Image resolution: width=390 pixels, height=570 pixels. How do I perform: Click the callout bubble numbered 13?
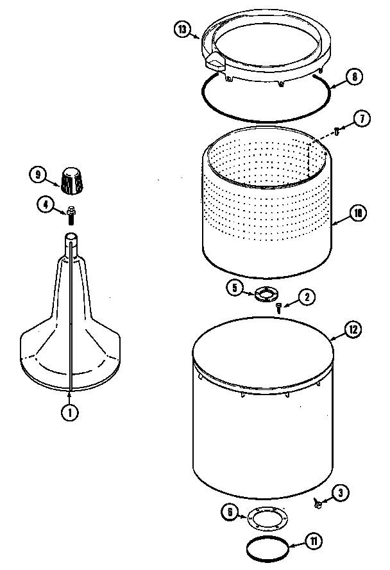pos(183,29)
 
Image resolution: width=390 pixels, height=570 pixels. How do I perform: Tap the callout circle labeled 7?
pos(362,118)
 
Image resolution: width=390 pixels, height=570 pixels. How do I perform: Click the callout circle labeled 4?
pos(46,205)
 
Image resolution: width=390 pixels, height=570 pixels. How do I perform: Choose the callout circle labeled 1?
pos(69,413)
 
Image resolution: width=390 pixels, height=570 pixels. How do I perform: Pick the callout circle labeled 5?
pos(235,288)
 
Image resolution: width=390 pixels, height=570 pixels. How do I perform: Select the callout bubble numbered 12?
pos(353,330)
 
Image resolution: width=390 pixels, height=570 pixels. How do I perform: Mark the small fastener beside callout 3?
pos(317,501)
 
